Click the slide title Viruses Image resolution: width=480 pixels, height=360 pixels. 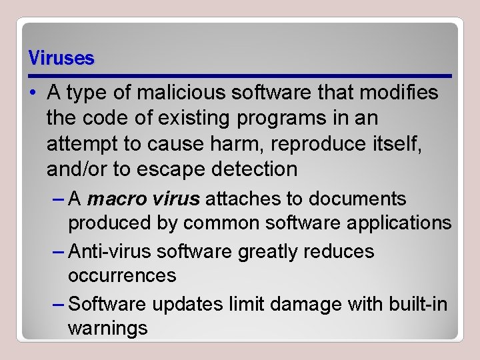click(x=61, y=59)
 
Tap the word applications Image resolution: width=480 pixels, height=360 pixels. click(x=393, y=223)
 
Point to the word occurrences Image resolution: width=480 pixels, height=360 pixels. click(x=122, y=275)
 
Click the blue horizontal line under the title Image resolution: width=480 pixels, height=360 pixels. click(x=240, y=74)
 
